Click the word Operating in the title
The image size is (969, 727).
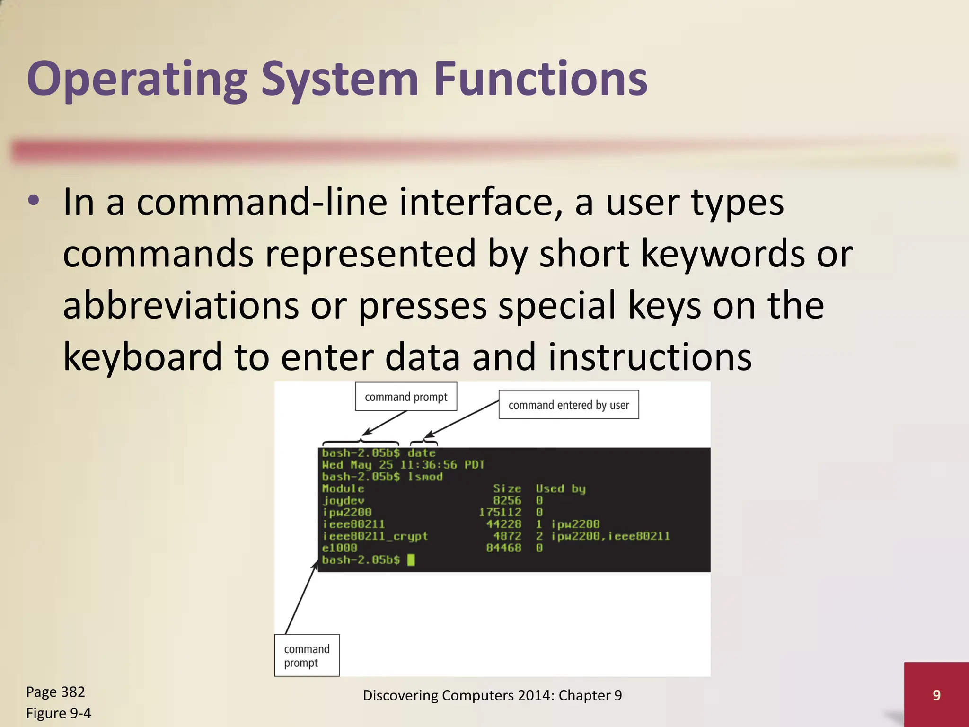point(137,80)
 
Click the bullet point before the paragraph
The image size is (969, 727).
point(34,201)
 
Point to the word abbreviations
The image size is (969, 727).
point(181,305)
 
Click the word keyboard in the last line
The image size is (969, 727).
point(142,356)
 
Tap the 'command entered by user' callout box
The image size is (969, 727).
point(568,405)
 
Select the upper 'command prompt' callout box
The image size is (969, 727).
point(405,397)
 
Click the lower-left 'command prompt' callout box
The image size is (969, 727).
point(307,656)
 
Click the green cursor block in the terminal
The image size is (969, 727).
point(411,560)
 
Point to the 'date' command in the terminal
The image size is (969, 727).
point(421,453)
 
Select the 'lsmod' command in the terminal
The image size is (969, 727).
point(425,477)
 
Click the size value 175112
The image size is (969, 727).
point(500,512)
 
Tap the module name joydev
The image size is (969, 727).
point(343,500)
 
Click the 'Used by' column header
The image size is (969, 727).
point(560,488)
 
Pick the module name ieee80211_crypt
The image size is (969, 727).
point(375,536)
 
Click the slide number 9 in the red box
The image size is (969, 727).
point(936,695)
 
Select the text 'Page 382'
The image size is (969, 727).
point(55,692)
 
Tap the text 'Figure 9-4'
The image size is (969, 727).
point(58,713)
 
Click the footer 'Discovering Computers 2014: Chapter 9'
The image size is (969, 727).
point(492,695)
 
